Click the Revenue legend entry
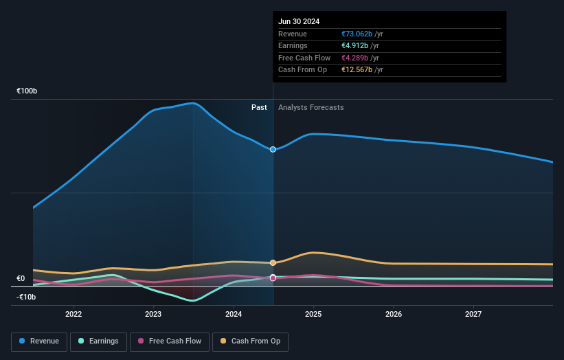(x=40, y=341)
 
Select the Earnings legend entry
(x=98, y=341)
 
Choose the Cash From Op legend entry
(x=250, y=341)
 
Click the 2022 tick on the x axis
(x=74, y=314)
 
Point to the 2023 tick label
(x=153, y=314)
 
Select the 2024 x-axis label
(x=234, y=314)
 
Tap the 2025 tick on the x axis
(x=313, y=314)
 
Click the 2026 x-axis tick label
(x=394, y=314)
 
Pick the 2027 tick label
(x=473, y=314)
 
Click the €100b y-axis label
(x=27, y=91)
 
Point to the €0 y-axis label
(x=21, y=278)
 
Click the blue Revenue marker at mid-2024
(x=273, y=149)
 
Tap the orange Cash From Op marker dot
(x=273, y=262)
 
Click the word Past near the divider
(x=259, y=107)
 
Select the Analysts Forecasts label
(x=311, y=107)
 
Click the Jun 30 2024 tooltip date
(x=299, y=21)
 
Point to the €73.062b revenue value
(x=357, y=34)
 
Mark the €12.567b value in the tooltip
(x=357, y=69)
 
